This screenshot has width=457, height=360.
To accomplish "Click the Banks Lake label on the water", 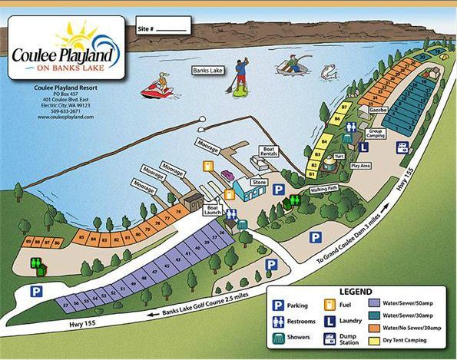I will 207,71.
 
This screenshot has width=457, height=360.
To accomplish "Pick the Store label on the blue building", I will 260,182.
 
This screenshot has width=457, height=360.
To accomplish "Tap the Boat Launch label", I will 214,210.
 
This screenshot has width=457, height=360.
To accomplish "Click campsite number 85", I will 81,238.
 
